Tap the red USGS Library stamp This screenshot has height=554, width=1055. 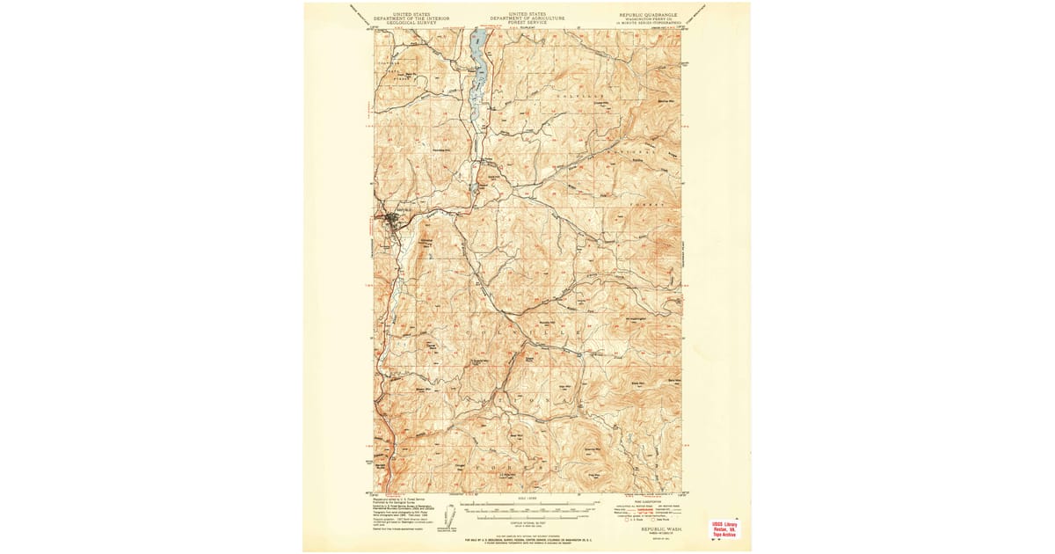pyautogui.click(x=725, y=528)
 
